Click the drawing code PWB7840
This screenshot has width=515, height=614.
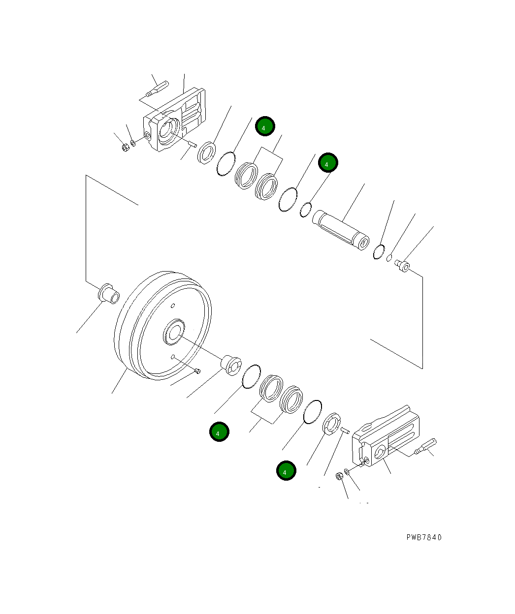click(424, 537)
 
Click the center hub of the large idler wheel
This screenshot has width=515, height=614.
click(174, 333)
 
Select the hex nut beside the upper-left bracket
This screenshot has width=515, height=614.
click(125, 146)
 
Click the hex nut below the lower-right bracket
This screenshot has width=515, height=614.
click(339, 476)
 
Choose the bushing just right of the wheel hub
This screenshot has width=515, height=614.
click(230, 364)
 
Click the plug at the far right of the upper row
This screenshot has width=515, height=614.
click(404, 266)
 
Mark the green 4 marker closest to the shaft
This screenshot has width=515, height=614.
click(327, 163)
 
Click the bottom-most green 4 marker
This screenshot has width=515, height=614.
click(286, 471)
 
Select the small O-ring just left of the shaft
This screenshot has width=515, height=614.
click(306, 209)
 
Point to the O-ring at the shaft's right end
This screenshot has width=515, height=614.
click(379, 251)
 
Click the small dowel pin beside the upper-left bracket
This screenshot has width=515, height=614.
click(192, 144)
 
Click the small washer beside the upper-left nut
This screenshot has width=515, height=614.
click(133, 144)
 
